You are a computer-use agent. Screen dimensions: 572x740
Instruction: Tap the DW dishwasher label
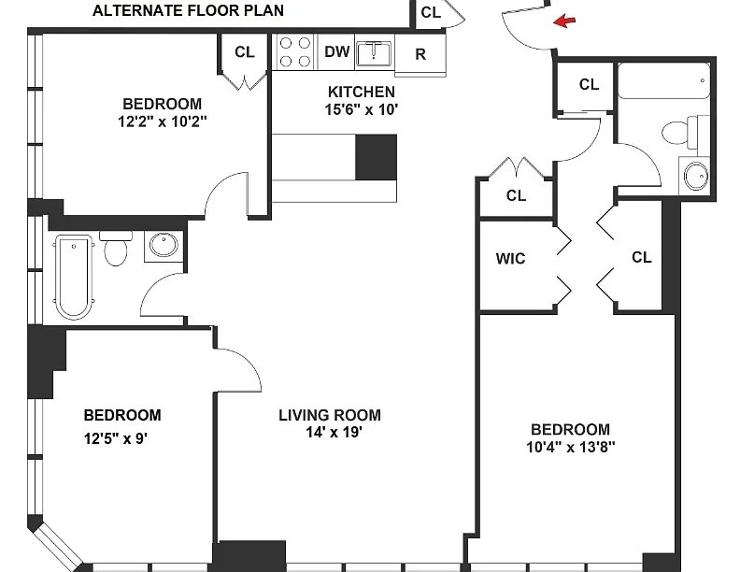(336, 51)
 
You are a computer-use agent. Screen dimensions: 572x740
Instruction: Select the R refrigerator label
(420, 54)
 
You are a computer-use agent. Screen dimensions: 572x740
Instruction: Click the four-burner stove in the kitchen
(296, 51)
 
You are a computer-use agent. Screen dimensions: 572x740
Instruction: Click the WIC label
(510, 258)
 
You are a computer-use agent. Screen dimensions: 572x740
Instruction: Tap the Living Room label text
(330, 415)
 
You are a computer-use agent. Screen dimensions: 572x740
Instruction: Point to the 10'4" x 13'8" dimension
(570, 447)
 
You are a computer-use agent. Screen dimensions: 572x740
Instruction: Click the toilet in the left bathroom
(116, 249)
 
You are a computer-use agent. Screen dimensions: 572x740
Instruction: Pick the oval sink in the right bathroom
(693, 175)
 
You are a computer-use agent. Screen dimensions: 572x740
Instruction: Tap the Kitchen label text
(361, 92)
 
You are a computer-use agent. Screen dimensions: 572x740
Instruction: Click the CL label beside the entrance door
(430, 12)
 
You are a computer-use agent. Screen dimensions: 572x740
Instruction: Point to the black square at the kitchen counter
(377, 156)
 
